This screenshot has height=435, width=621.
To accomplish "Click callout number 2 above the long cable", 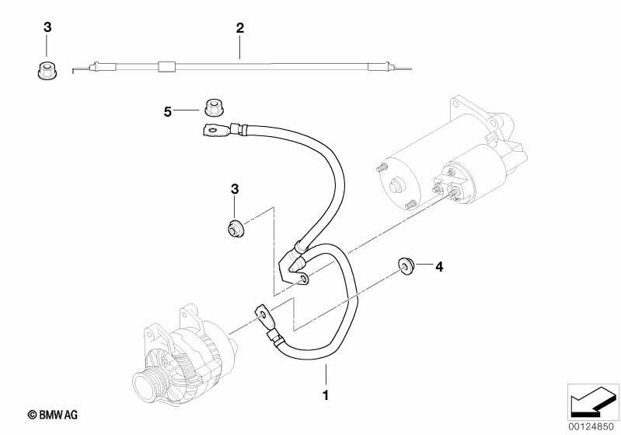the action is pos(240,28).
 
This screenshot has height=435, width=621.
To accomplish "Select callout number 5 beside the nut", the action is pos(168,112).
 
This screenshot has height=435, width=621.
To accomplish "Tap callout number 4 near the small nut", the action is pos(439,266).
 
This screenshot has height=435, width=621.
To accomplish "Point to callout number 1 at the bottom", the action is pos(326,395).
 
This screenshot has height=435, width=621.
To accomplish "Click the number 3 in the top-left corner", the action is pos(47,27).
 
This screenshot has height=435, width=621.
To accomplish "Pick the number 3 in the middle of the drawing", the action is pos(235,189).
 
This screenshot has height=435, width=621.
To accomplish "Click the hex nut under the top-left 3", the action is pos(47,71).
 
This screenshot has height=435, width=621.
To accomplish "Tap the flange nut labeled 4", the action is pos(405,266).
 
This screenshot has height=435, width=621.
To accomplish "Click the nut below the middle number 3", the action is pos(235,229).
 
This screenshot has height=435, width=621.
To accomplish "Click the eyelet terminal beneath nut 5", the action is pos(215,131).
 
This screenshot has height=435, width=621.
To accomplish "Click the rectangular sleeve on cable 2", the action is pos(166,67).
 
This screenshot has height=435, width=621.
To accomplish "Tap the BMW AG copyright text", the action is pos(53,415).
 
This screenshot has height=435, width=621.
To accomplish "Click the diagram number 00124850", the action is pos(591,427).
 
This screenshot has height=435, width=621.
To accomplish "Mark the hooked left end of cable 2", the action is pos(74,71).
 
